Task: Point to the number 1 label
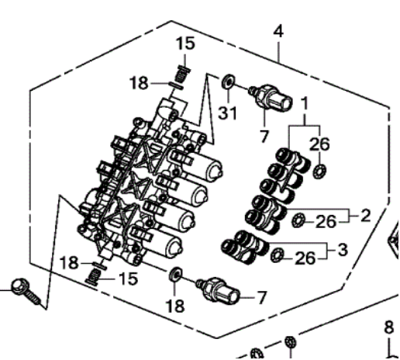tap(305, 102)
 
